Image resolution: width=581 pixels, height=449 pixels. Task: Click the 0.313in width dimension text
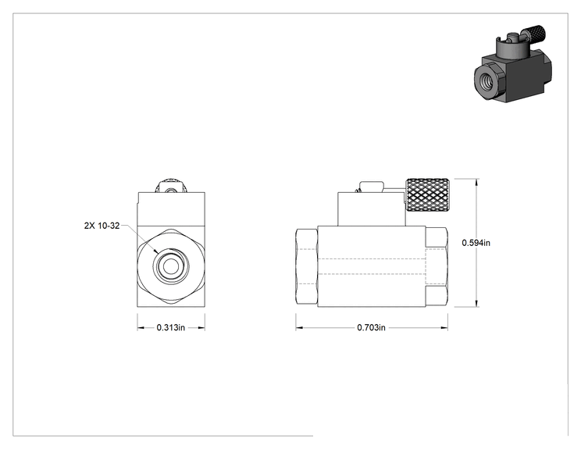[170, 327]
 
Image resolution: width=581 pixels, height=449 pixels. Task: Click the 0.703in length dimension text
[371, 327]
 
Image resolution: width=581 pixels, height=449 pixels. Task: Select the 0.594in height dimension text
[476, 243]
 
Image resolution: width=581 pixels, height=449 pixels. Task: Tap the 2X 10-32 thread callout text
[102, 226]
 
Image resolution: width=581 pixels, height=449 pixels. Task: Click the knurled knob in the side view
[428, 195]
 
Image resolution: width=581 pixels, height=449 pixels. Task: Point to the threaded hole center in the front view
[171, 266]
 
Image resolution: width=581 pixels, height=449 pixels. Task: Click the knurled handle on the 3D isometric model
[536, 33]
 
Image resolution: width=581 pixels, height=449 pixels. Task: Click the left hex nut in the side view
[306, 267]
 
